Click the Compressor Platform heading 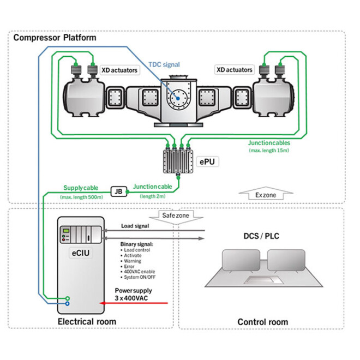click(x=55, y=38)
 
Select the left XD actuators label click(x=119, y=70)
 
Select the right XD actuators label click(x=235, y=70)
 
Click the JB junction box click(x=118, y=191)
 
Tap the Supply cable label click(x=81, y=187)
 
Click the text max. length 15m click(x=269, y=150)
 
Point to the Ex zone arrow click(x=265, y=194)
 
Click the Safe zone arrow click(x=175, y=216)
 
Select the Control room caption click(x=262, y=322)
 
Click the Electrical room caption click(x=87, y=321)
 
